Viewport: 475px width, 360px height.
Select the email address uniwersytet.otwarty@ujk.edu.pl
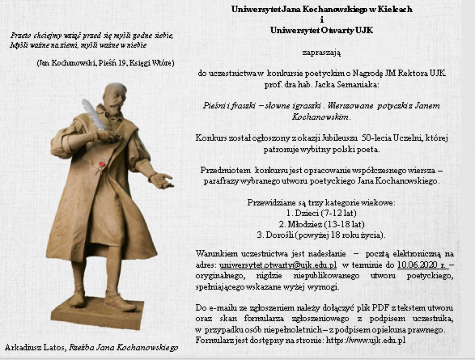point(278,265)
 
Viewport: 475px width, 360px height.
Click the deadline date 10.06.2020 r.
point(421,265)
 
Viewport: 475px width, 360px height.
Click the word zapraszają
point(321,53)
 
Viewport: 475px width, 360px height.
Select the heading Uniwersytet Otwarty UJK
point(321,31)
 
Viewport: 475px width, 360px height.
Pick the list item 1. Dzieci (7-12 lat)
point(321,214)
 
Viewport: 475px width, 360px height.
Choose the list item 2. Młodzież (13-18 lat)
point(321,224)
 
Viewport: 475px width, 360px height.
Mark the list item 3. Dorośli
point(321,235)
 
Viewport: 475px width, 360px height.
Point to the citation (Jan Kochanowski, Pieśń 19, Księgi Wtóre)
point(105,63)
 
